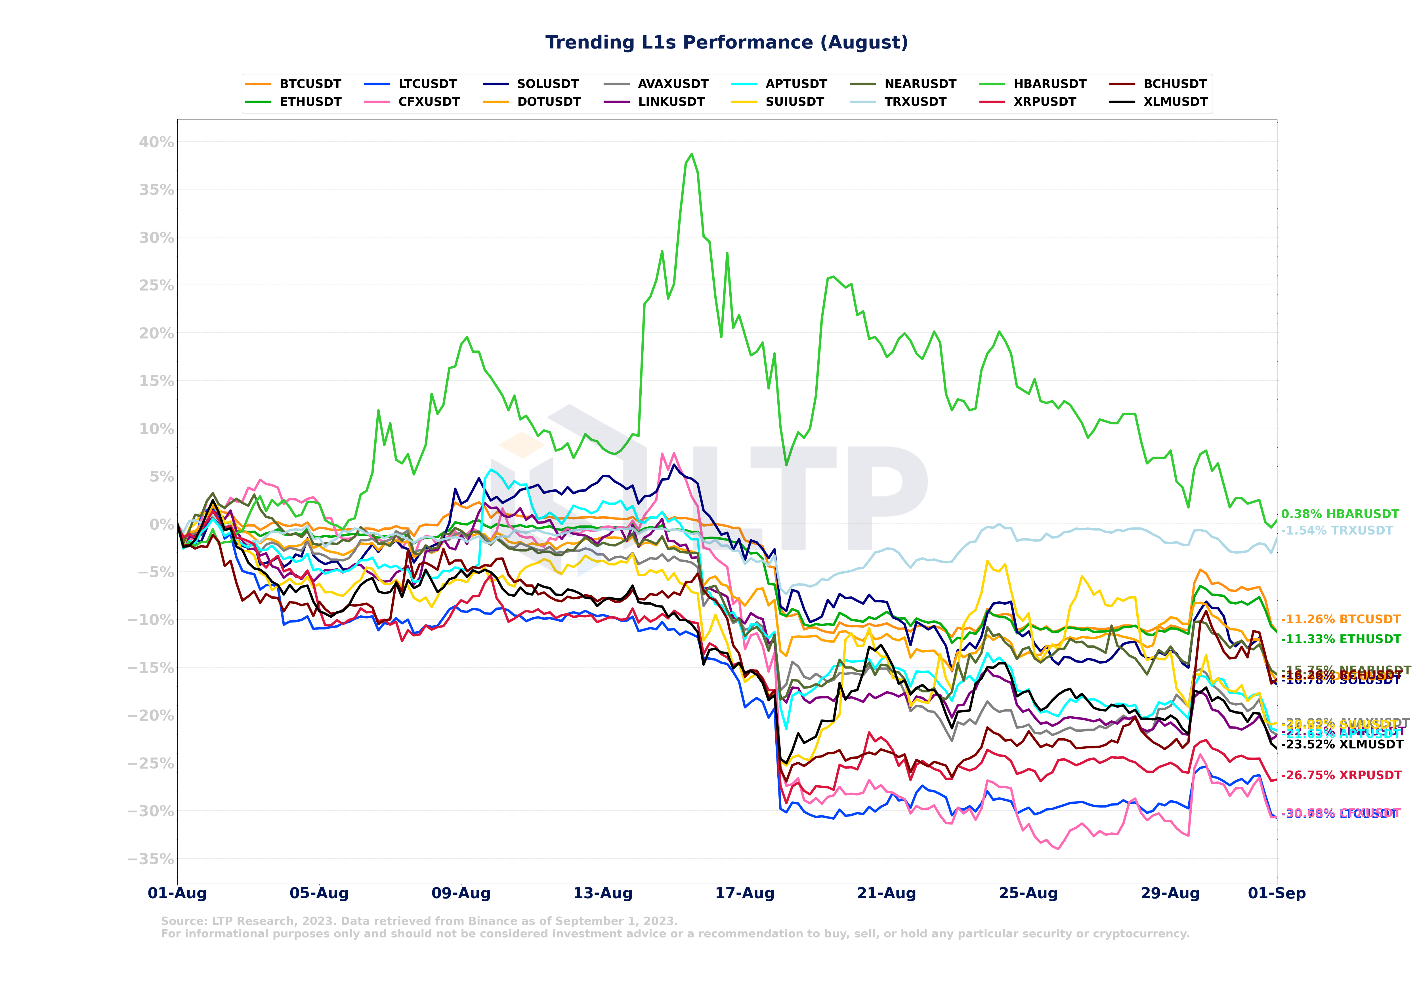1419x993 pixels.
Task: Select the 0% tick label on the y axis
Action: point(162,525)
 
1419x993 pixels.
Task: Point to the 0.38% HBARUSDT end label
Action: point(1340,514)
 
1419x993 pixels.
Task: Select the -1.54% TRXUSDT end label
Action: point(1337,531)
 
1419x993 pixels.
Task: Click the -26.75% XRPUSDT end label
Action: point(1341,775)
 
